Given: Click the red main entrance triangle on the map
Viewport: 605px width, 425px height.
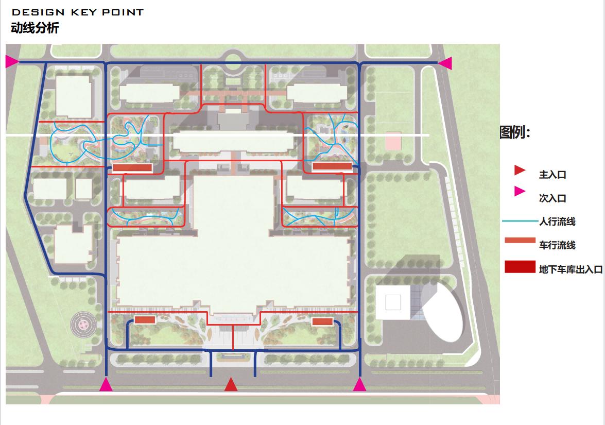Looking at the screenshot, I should coord(231,385).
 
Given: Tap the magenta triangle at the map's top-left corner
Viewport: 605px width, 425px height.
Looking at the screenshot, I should coord(11,62).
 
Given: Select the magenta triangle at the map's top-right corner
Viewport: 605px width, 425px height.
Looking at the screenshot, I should coord(445,63).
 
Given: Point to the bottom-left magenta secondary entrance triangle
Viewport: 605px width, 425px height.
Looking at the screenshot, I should coord(106,385).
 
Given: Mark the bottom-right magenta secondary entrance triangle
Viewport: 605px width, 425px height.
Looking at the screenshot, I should coord(359,385).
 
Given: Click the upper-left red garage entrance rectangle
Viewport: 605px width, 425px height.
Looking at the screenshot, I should coord(132,167).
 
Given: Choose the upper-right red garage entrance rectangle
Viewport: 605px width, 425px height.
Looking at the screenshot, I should coord(332,166).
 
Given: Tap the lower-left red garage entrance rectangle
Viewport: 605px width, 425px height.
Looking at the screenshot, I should coord(145,320).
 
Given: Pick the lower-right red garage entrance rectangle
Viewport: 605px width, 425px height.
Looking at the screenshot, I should coord(322,321).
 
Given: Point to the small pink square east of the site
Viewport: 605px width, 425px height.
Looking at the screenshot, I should coord(393,141).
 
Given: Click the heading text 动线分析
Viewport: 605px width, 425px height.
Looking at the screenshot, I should coord(35,28).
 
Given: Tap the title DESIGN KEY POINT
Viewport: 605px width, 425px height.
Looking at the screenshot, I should coord(77,12).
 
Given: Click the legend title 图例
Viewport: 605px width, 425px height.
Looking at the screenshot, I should coord(514,132).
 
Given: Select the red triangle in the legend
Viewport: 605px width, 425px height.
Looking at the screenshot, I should coord(520,170).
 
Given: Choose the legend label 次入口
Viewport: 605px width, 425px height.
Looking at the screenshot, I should coord(552,198).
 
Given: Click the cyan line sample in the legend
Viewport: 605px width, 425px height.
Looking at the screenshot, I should coord(519,221).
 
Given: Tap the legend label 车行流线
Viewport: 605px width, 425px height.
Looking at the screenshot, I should coord(557,245).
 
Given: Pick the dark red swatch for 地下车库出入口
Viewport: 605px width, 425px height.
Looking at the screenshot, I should coord(520,267).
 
